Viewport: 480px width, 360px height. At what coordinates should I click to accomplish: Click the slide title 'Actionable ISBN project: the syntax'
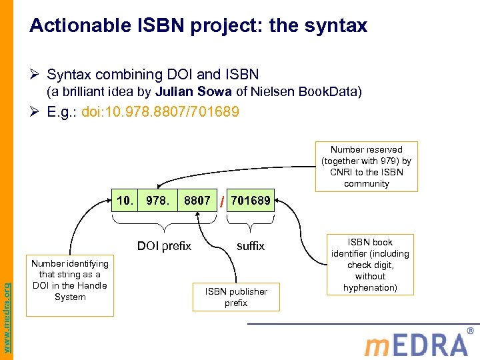(x=199, y=26)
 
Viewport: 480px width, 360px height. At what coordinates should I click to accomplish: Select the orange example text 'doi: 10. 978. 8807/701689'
(x=160, y=112)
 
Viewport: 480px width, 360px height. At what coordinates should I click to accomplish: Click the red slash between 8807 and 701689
(x=221, y=201)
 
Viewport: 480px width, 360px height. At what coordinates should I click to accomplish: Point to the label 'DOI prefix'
(x=164, y=246)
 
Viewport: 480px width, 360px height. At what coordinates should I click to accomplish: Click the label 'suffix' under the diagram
(x=251, y=246)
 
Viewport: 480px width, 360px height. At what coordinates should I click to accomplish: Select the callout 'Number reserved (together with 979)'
(x=366, y=167)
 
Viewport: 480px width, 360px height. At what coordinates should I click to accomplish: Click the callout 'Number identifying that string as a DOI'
(x=70, y=280)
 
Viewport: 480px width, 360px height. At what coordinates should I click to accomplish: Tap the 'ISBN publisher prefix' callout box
(x=236, y=297)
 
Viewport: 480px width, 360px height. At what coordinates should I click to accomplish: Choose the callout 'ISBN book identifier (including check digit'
(x=370, y=265)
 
